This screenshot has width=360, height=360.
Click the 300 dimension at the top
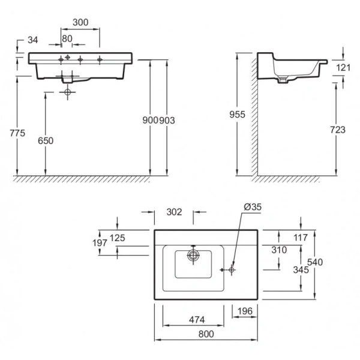tap(80, 22)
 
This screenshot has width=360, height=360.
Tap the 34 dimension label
tap(32, 40)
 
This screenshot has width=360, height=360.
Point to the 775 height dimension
tap(17, 133)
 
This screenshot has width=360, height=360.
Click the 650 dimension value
tap(46, 140)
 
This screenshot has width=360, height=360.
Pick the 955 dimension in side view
tap(239, 113)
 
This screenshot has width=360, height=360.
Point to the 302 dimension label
tap(173, 212)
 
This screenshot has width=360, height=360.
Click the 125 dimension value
tap(118, 238)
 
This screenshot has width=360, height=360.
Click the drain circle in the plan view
tap(193, 255)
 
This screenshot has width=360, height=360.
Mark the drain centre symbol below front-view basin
tap(68, 92)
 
